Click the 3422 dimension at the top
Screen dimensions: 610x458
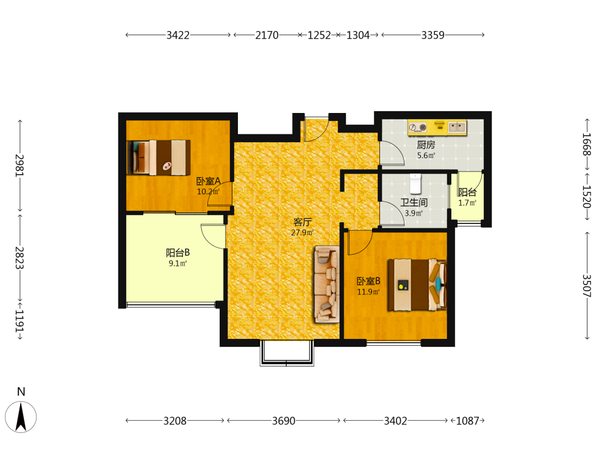[x=178, y=35]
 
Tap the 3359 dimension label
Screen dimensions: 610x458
[x=432, y=35]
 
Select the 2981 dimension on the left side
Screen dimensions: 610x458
[x=20, y=165]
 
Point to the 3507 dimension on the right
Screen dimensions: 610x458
[x=587, y=285]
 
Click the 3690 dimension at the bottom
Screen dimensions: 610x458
[x=284, y=421]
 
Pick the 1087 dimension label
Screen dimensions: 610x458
[x=468, y=421]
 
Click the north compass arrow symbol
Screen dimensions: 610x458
[x=21, y=417]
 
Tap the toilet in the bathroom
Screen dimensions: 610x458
[x=415, y=183]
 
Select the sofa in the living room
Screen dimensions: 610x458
[x=327, y=285]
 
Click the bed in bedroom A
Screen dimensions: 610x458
[x=159, y=158]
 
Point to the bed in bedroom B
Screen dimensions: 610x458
[x=417, y=285]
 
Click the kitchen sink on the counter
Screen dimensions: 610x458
[x=456, y=127]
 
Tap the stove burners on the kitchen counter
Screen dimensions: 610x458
[x=418, y=128]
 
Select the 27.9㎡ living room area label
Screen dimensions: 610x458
[x=303, y=233]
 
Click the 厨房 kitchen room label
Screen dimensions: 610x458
[x=426, y=145]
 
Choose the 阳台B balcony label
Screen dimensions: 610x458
[x=178, y=253]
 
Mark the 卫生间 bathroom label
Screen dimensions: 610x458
[x=414, y=203]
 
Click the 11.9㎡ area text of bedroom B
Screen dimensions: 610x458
[x=368, y=292]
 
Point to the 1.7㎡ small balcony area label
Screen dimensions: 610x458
[x=467, y=203]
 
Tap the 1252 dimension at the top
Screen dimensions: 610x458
[x=319, y=35]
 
